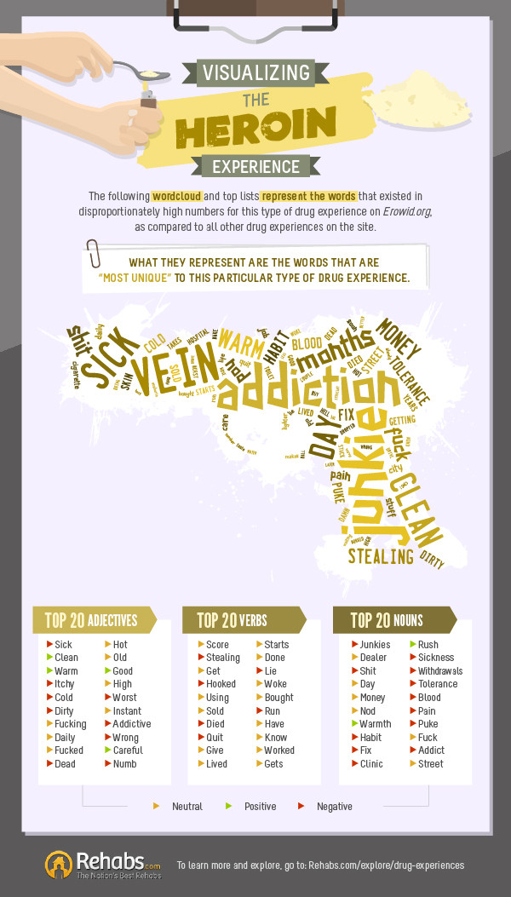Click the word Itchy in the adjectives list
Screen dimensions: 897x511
[x=65, y=684]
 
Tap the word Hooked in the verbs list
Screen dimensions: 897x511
[x=221, y=684]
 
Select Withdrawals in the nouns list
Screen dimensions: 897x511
[x=440, y=671]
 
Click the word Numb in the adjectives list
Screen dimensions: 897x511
[x=125, y=764]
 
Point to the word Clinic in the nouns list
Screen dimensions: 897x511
[x=372, y=764]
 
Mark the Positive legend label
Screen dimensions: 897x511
[x=260, y=806]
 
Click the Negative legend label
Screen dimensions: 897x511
[x=334, y=806]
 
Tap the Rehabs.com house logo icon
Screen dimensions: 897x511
[x=59, y=863]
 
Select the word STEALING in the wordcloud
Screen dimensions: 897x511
[x=380, y=557]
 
